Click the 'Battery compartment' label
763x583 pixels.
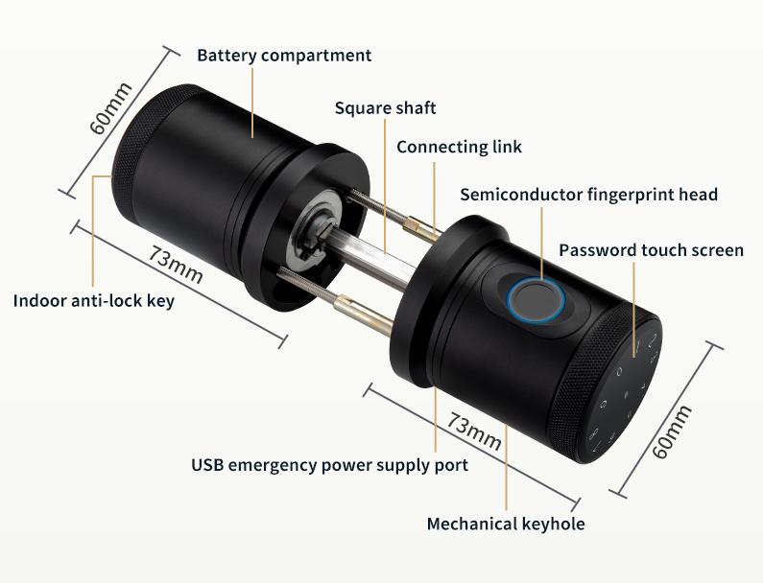[x=284, y=55]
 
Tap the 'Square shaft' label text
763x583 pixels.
[x=385, y=107]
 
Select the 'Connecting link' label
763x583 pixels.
[x=459, y=147]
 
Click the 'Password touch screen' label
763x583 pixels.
[x=651, y=250]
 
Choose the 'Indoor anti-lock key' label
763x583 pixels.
[x=94, y=301]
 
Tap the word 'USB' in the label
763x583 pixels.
[x=208, y=466]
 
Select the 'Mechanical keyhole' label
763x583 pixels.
[x=505, y=524]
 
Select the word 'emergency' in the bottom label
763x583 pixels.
[x=278, y=466]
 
